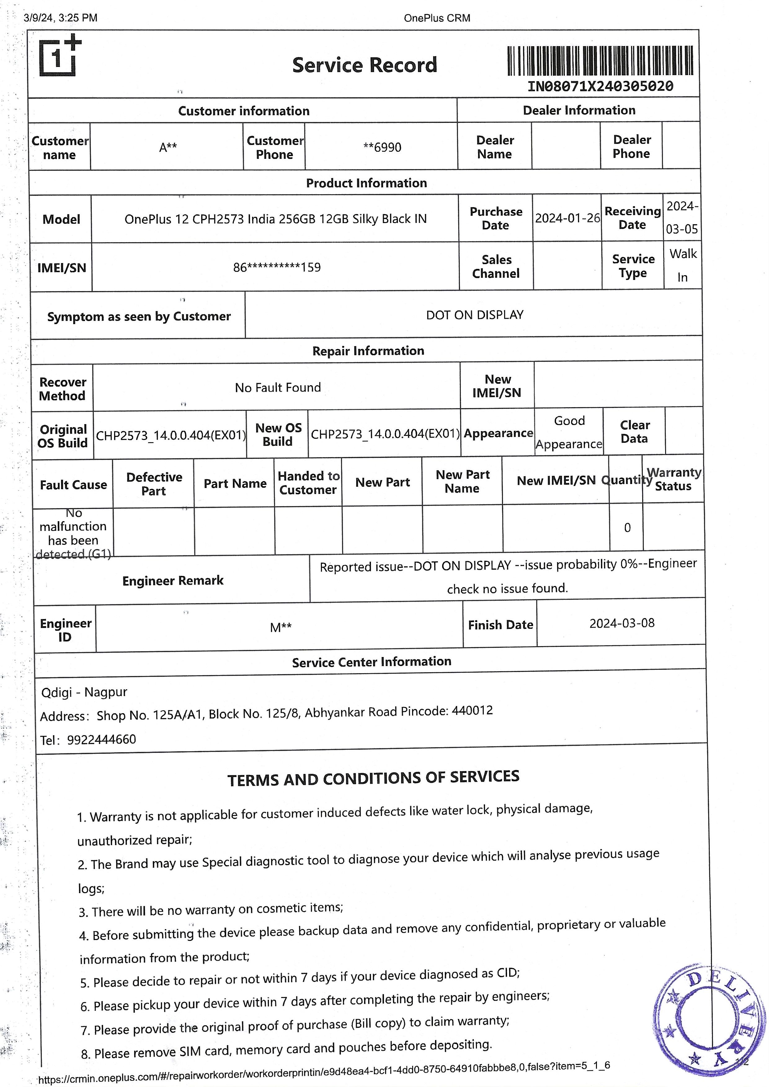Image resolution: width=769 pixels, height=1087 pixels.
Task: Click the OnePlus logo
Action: point(59,56)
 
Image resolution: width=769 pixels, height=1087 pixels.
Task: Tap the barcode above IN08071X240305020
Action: point(600,60)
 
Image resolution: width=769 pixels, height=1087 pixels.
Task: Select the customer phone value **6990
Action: point(382,147)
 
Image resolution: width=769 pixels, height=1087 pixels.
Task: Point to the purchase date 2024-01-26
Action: point(567,218)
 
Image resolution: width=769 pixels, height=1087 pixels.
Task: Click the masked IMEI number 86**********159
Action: point(277,267)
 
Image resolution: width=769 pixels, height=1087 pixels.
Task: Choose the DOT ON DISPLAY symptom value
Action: point(474,315)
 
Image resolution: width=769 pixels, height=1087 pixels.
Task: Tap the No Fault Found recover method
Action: point(278,387)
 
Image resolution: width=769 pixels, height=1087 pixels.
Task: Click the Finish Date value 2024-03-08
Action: point(622,623)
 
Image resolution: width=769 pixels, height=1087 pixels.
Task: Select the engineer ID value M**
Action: point(280,628)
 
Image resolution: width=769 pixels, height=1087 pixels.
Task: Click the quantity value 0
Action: point(627,528)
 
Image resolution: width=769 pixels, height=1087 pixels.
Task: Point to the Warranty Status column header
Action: point(673,479)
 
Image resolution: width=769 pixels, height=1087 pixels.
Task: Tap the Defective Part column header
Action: point(154,484)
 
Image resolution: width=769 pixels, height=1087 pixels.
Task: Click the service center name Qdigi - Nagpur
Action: point(84,692)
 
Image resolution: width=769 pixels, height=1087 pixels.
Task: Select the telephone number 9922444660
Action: point(101,739)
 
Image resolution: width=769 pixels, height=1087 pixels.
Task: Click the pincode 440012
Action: point(472,710)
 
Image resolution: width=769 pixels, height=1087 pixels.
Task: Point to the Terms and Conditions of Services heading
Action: point(373,778)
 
